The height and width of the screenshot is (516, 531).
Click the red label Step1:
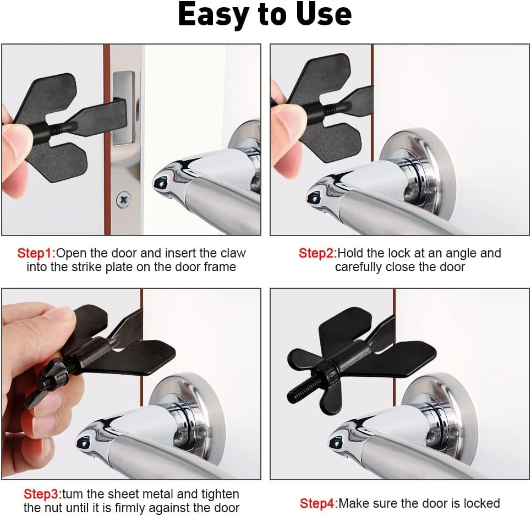(36, 253)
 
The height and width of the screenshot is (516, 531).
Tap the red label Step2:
(317, 253)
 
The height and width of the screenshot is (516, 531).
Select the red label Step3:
(43, 495)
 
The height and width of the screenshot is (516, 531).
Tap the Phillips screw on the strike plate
(124, 200)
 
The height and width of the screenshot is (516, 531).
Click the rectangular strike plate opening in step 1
(124, 107)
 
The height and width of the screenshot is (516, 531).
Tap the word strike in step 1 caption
(87, 267)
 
